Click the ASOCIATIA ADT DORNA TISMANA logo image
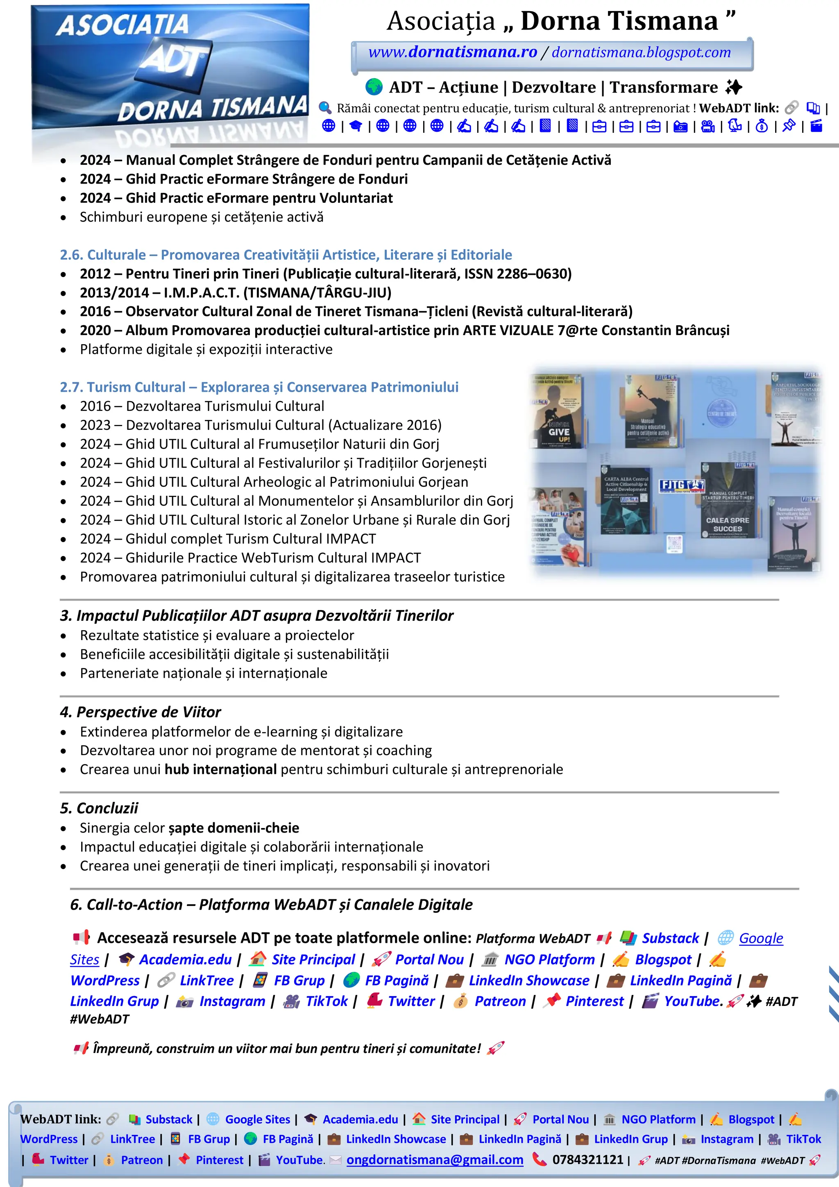170,73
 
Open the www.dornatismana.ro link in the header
452,52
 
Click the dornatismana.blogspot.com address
641,52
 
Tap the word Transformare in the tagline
663,87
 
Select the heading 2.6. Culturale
286,255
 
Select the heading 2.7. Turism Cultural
259,387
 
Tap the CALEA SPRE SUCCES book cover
727,500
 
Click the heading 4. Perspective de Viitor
140,712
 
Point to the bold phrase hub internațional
220,769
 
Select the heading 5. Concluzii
99,808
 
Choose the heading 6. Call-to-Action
271,904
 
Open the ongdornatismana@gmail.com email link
434,1160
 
